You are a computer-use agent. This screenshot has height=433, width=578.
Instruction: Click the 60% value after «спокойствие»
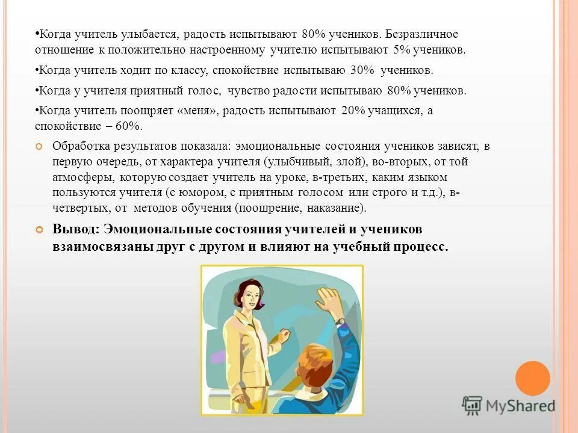coord(129,126)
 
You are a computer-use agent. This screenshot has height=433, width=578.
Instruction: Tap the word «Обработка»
coord(82,146)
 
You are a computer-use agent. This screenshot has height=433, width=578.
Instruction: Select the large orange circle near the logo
coord(533,378)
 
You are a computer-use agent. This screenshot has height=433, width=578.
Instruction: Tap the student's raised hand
coord(329,300)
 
